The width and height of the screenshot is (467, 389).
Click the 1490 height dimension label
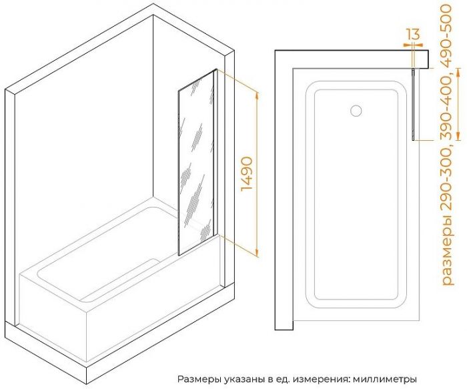247,174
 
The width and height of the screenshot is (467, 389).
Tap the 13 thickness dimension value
413,34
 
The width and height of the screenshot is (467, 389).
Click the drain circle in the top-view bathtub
356,111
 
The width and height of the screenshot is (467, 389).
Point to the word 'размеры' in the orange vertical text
448,258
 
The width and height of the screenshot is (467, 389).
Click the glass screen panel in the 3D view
197,162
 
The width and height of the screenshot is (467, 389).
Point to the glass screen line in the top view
413,104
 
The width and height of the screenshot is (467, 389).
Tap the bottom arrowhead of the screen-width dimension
459,135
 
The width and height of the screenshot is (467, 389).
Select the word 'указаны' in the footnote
244,380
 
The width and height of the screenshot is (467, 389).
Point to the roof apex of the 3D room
153,4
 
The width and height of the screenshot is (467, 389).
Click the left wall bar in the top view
284,191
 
